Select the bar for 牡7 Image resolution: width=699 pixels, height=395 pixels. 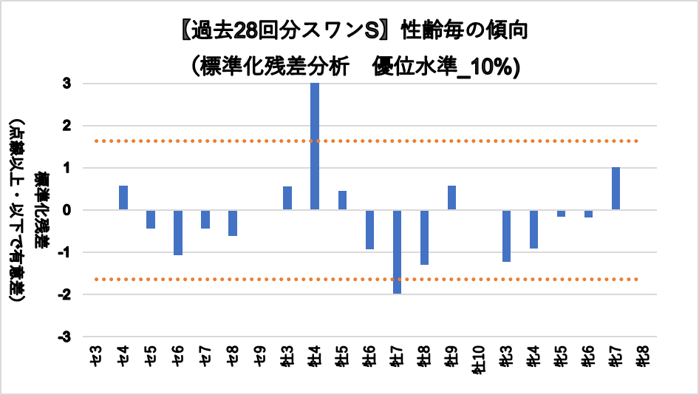click(397, 251)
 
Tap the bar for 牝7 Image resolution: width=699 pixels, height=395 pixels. click(616, 189)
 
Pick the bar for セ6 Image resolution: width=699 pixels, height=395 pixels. click(178, 232)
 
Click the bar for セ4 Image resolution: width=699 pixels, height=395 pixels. click(123, 197)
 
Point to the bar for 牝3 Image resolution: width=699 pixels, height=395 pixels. click(506, 235)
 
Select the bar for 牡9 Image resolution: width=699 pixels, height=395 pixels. click(451, 197)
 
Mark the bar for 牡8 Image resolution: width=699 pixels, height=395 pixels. click(424, 237)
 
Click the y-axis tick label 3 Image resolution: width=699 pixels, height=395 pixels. click(67, 84)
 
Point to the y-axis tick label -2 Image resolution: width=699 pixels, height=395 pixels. click(64, 294)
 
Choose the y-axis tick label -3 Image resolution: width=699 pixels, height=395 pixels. click(64, 337)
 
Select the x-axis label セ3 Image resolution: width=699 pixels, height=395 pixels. click(96, 353)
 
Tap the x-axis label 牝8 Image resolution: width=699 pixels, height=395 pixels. click(643, 354)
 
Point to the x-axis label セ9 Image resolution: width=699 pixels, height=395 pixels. click(260, 353)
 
